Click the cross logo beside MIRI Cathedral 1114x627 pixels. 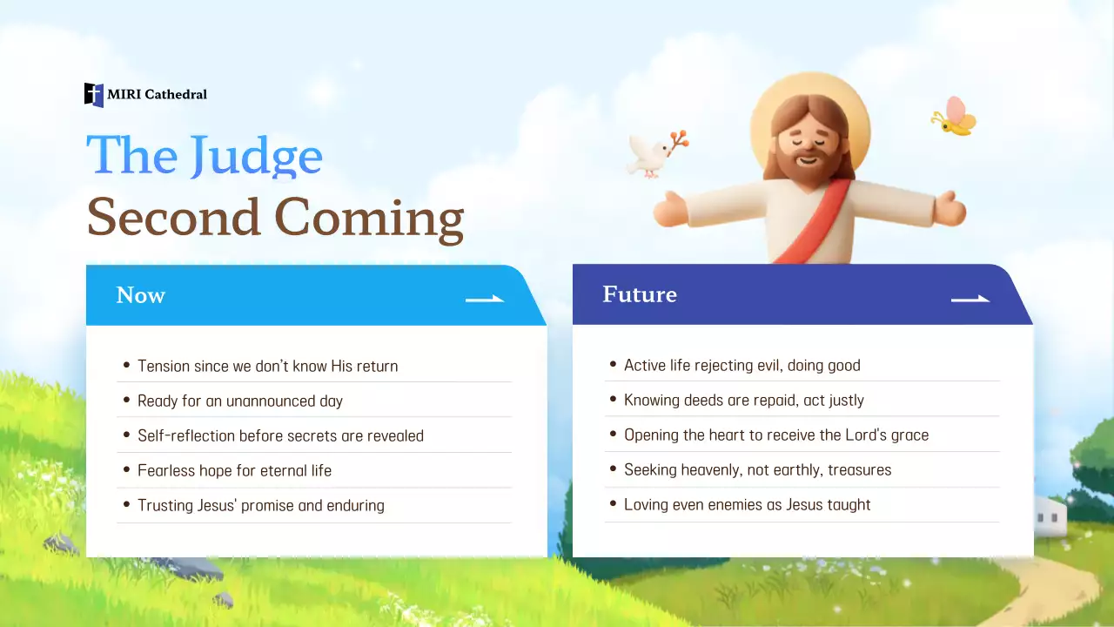[93, 95]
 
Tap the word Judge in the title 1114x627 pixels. [257, 156]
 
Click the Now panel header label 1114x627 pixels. [141, 295]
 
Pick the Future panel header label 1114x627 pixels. [640, 294]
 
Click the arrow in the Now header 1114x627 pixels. [485, 299]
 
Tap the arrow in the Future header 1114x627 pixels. [970, 299]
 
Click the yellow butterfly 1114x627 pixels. [955, 117]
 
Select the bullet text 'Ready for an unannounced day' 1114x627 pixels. [240, 401]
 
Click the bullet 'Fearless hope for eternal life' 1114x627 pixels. [235, 470]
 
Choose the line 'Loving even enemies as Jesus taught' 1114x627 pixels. [748, 504]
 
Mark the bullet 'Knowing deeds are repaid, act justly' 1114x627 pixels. [744, 400]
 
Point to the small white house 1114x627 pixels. [1050, 516]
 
